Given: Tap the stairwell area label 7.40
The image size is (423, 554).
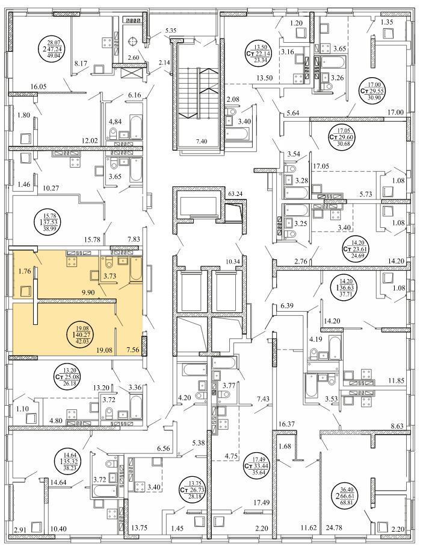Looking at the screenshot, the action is (x=202, y=142).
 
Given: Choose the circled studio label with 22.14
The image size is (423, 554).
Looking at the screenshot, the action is (x=261, y=53).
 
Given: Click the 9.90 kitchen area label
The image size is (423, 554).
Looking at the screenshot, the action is (x=88, y=292).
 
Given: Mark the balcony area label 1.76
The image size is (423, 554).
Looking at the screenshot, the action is (x=25, y=271).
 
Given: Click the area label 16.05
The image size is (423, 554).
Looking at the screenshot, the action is (x=39, y=86).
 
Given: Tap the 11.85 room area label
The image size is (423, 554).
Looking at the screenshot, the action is (x=395, y=380).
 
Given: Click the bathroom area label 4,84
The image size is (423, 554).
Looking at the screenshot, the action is (x=114, y=122).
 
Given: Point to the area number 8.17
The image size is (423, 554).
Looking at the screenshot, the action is (x=81, y=63).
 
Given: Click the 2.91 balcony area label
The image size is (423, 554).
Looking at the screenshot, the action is (x=20, y=529).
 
